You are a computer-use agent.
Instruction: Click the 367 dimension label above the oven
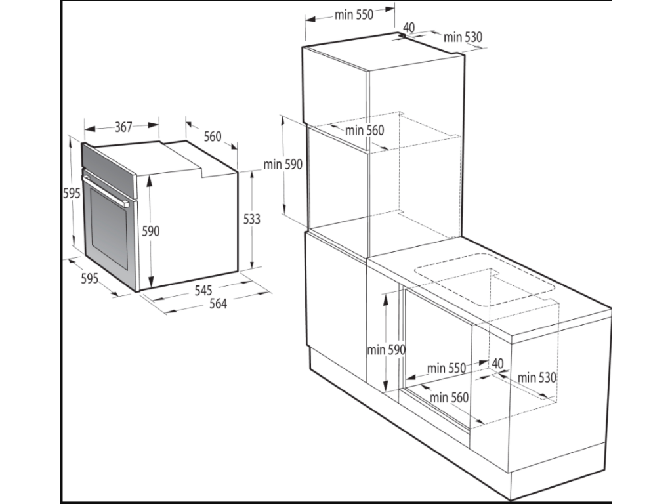(x=123, y=127)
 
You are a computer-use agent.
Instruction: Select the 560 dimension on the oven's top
(x=213, y=136)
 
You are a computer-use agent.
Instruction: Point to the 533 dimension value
(x=251, y=219)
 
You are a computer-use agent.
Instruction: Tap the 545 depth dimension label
(x=203, y=290)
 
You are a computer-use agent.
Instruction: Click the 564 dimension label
(x=218, y=303)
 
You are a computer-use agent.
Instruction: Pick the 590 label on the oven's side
(x=150, y=232)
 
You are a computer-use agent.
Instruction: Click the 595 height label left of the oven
(x=72, y=194)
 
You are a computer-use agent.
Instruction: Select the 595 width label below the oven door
(x=89, y=278)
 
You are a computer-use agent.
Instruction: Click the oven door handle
(x=106, y=188)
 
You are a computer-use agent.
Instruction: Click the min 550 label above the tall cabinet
(x=354, y=15)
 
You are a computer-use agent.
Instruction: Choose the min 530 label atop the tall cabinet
(x=463, y=37)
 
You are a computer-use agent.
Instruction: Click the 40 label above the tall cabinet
(x=409, y=28)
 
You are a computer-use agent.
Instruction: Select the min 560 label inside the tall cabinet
(x=365, y=131)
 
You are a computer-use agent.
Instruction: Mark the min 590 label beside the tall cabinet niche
(x=283, y=164)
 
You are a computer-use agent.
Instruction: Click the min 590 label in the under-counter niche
(x=386, y=350)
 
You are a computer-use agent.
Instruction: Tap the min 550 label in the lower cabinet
(x=446, y=368)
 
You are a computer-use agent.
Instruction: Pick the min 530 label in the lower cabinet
(x=537, y=377)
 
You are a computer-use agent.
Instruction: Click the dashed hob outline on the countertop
(x=484, y=280)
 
